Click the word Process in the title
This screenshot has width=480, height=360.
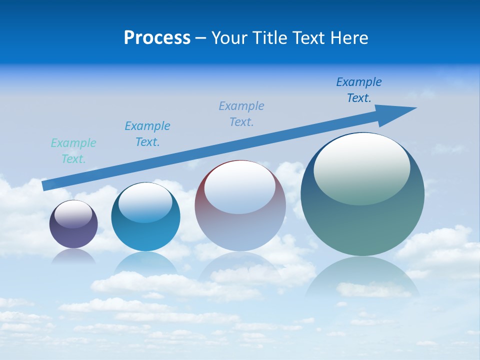coord(157,38)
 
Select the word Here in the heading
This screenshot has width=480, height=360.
coord(348,38)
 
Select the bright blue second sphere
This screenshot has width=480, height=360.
coord(145,235)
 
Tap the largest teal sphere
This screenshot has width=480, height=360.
coord(362,225)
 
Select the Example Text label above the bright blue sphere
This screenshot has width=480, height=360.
coord(147,134)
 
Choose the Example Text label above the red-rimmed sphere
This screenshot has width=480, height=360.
coord(241,114)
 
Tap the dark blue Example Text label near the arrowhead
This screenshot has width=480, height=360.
coord(359,90)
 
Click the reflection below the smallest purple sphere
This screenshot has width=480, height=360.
coord(73,256)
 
